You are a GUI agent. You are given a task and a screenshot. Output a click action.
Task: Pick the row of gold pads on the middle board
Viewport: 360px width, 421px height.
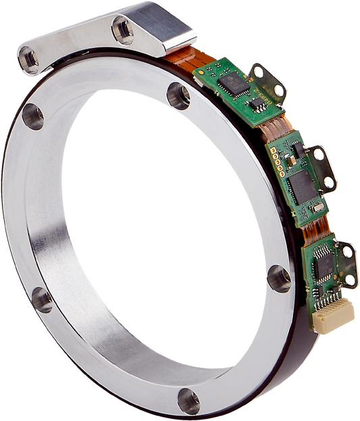point(276,160)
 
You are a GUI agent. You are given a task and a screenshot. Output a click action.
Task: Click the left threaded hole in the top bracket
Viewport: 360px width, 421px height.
point(29,59)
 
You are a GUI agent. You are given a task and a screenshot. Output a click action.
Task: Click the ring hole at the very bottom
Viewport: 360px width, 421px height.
point(188,401)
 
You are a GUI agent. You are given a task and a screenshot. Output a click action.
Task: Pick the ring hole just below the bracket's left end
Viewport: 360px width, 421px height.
point(32,116)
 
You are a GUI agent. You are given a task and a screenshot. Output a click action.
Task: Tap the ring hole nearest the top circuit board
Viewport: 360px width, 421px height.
point(178,96)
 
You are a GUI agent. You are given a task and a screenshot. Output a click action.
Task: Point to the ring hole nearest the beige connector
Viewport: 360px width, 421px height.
point(278,278)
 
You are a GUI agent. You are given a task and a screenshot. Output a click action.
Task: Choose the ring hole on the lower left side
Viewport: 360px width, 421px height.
point(41,298)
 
